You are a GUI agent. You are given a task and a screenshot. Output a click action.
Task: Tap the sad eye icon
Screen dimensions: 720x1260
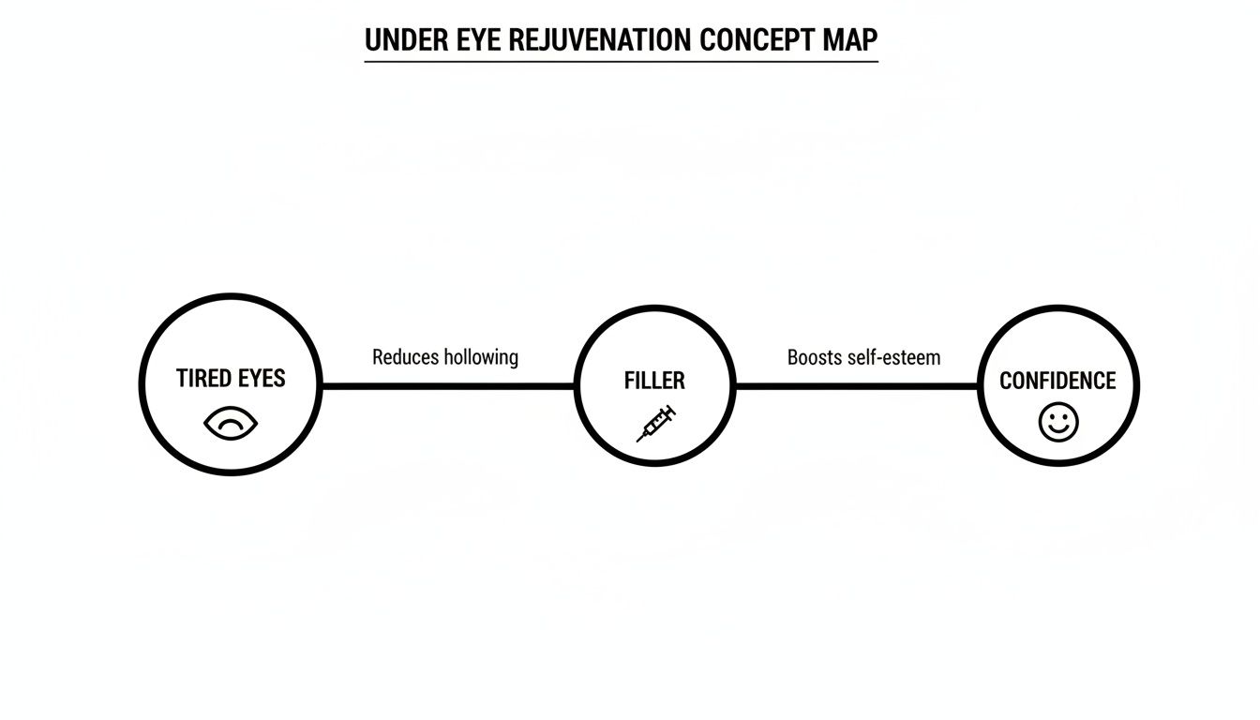click(230, 423)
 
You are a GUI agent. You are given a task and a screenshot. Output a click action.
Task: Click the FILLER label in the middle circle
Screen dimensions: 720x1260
click(654, 381)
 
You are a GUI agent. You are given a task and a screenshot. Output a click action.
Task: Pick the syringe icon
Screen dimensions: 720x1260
click(656, 423)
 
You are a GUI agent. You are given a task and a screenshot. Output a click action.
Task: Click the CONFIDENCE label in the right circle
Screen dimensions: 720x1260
click(1057, 381)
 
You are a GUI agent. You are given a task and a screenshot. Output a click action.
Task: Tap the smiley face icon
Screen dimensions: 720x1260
click(1058, 423)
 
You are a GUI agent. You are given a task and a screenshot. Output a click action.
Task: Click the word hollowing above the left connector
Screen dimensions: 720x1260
click(481, 357)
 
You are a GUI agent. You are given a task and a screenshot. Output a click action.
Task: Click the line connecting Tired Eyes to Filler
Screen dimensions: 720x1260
click(448, 385)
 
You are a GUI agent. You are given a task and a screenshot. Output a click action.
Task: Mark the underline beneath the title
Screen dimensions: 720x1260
click(621, 62)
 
